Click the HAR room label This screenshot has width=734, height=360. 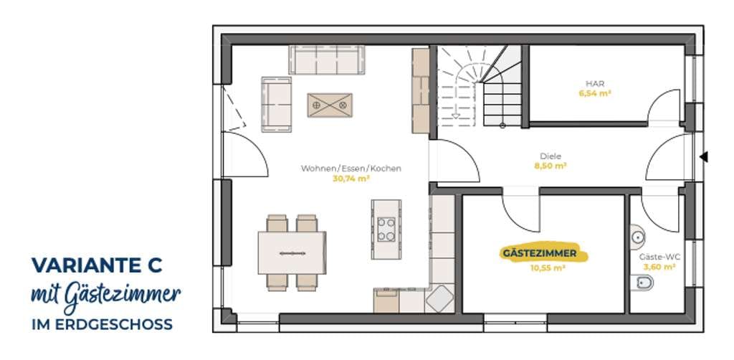point(594,83)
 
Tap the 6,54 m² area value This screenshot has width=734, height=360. point(594,93)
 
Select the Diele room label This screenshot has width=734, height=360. point(550,156)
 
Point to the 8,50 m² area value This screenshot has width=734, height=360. point(550,166)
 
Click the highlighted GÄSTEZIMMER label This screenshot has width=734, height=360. point(539,254)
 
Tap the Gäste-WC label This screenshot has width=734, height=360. point(659,257)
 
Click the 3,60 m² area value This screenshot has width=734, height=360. point(659,267)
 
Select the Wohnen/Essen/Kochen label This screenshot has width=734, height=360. point(351,169)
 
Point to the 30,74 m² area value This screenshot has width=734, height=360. point(351,179)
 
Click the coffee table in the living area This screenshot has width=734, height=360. point(330,105)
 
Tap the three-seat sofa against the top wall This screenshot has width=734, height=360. point(327,60)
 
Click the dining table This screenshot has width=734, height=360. point(292,253)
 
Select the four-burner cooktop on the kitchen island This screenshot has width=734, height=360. point(386,229)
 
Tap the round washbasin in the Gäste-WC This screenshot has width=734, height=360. point(637,237)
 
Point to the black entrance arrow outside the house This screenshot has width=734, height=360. point(704,157)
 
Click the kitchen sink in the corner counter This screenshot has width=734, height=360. point(439,298)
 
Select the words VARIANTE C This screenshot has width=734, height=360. point(97,265)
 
